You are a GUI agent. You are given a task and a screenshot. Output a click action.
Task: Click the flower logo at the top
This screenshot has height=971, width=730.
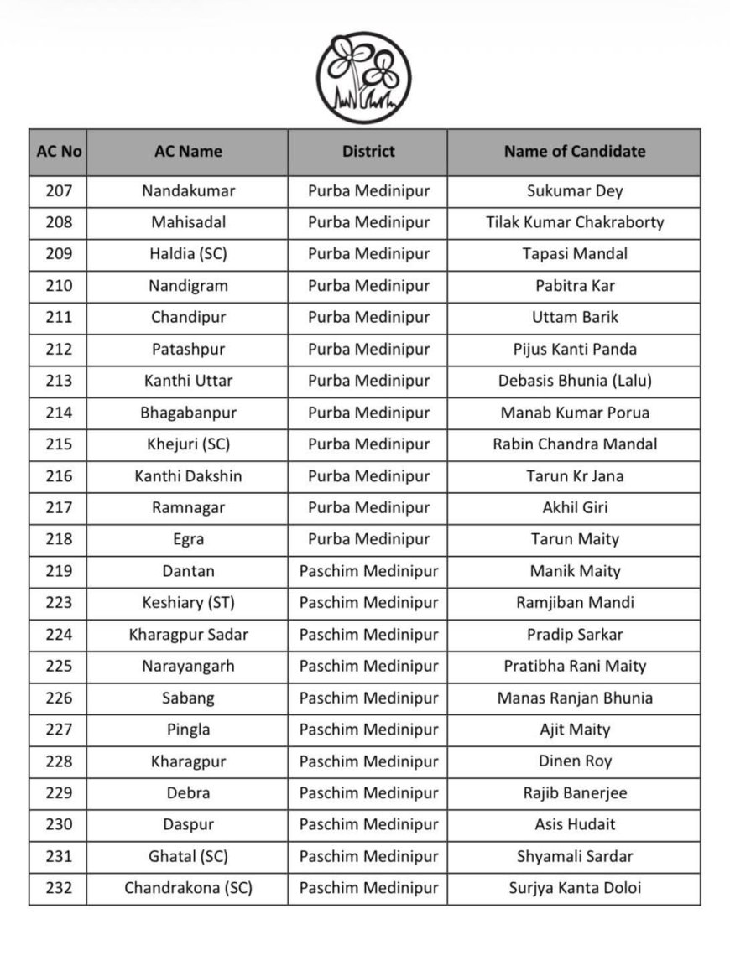[x=363, y=77]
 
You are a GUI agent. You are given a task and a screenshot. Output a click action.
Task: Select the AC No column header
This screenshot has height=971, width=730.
[x=59, y=152]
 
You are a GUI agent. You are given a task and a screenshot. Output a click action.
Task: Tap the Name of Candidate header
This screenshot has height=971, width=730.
[x=575, y=152]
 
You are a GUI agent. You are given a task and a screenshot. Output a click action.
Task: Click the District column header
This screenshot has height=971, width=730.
[x=368, y=152]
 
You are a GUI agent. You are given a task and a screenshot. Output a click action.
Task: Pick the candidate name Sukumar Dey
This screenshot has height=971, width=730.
[x=575, y=191]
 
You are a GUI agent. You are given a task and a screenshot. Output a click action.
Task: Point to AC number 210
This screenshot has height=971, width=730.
[x=59, y=286]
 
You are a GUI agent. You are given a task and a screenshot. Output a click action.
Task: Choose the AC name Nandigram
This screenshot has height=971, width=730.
[x=188, y=286]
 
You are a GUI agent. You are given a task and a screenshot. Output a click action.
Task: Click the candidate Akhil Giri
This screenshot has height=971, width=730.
[x=575, y=508]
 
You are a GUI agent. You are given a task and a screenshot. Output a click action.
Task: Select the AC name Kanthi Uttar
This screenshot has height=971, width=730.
[x=188, y=381]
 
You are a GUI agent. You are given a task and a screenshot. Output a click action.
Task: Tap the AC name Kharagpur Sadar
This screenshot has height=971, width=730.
[x=188, y=635]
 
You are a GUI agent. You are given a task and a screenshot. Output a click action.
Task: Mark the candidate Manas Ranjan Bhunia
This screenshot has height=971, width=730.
[x=575, y=698]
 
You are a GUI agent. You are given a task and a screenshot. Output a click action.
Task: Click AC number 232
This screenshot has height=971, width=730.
[x=59, y=888]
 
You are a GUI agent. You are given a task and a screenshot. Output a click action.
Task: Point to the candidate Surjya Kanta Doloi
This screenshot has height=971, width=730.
[x=575, y=888]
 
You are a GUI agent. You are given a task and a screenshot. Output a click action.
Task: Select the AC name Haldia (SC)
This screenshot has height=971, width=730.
[x=188, y=254]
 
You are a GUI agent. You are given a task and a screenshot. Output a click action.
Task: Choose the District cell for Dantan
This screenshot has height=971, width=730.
[x=368, y=571]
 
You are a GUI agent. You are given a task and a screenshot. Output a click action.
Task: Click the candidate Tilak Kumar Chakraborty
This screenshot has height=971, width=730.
[x=575, y=223]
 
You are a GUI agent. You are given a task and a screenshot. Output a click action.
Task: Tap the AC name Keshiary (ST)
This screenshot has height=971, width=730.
[x=188, y=603]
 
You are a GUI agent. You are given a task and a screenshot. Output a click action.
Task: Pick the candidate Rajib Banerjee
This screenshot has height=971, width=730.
[x=575, y=793]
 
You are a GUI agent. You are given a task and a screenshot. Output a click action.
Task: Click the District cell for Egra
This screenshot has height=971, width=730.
[x=368, y=539]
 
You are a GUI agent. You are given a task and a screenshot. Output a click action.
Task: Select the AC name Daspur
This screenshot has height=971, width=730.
[x=188, y=825]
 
